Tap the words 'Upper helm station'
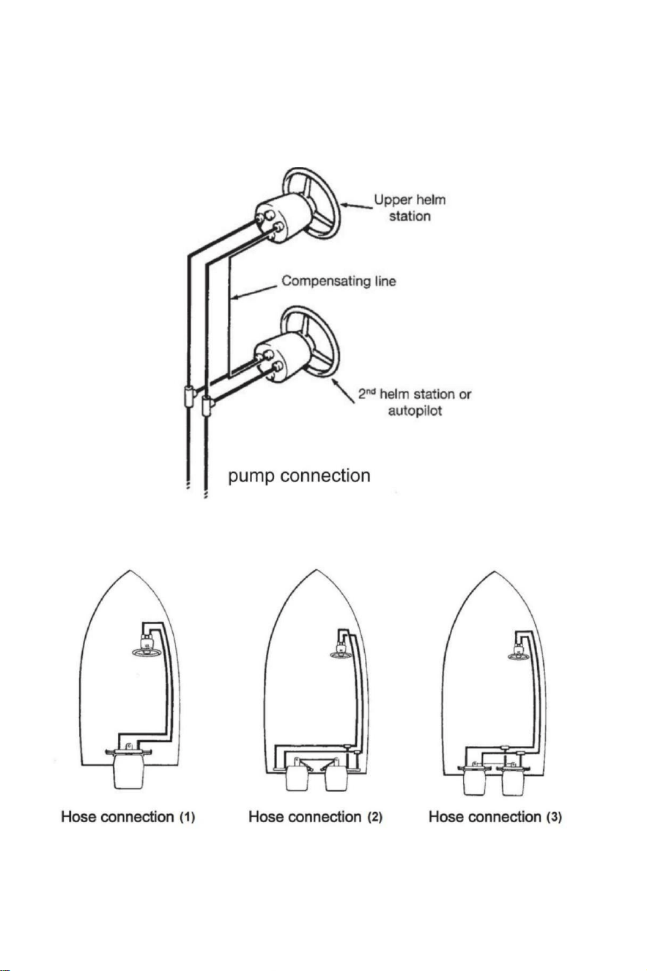click(x=410, y=208)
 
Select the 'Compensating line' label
click(x=339, y=281)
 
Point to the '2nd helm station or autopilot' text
click(x=415, y=402)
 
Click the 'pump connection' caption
click(x=299, y=475)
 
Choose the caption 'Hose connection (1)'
click(x=128, y=817)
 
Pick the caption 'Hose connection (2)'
click(x=315, y=817)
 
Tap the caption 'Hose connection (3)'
click(x=495, y=817)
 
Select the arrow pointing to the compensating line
click(x=254, y=291)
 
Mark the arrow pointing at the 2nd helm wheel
click(x=344, y=391)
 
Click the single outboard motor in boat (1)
click(x=128, y=769)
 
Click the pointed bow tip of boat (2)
click(x=316, y=570)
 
